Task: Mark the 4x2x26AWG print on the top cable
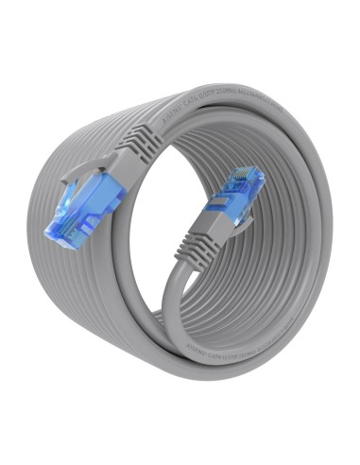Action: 266,105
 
